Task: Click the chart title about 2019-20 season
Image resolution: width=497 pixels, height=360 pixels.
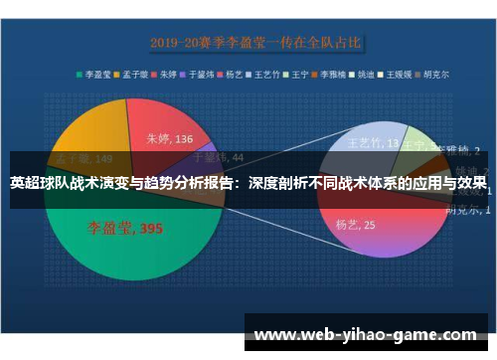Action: (x=255, y=43)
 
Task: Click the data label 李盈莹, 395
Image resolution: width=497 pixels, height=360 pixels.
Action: (x=123, y=229)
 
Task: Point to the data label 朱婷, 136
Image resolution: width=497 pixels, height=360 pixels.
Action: (x=170, y=139)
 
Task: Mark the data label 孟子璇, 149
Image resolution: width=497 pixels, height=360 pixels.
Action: (x=83, y=158)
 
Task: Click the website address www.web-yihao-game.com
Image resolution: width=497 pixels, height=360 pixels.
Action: (x=366, y=335)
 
